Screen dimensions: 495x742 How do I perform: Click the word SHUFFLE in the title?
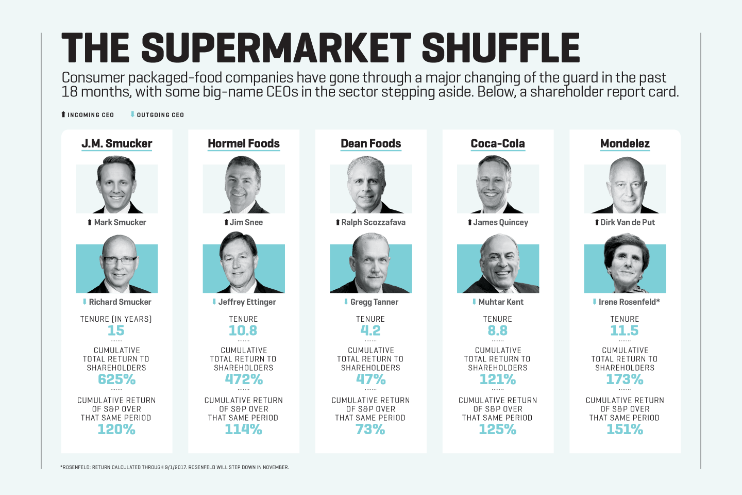click(x=500, y=48)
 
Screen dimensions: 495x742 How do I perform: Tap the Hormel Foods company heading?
click(x=244, y=143)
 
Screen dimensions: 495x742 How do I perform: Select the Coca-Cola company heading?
click(x=498, y=143)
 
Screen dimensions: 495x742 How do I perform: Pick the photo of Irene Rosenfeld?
click(x=625, y=265)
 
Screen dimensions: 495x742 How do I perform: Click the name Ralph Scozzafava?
click(x=373, y=222)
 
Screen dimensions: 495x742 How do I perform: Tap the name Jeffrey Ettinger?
click(x=247, y=302)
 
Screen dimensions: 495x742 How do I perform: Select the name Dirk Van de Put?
click(x=627, y=222)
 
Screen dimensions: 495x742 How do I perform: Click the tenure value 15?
click(x=116, y=331)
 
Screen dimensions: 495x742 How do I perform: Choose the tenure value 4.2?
click(x=370, y=331)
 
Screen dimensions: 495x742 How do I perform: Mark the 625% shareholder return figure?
click(x=116, y=379)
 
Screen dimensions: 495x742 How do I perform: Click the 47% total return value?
click(x=370, y=379)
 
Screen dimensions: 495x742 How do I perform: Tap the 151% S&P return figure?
click(x=625, y=430)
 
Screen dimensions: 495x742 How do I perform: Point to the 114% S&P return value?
click(x=243, y=430)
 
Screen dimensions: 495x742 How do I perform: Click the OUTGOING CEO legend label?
click(x=160, y=115)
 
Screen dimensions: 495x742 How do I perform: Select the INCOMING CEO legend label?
click(x=91, y=115)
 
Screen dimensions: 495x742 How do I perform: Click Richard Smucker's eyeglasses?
click(x=120, y=260)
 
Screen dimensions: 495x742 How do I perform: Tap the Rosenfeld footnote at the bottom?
click(x=175, y=467)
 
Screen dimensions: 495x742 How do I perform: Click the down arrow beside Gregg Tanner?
click(x=346, y=302)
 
